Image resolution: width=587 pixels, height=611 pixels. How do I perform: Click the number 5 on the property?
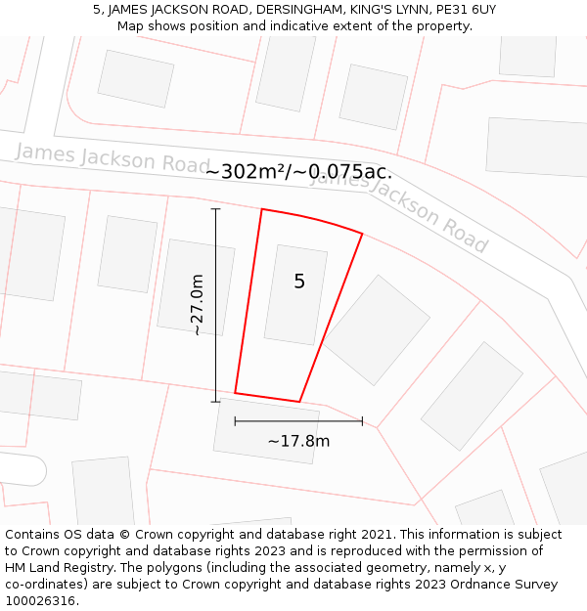tap(299, 282)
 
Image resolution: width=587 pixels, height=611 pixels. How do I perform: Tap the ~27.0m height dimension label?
tap(197, 305)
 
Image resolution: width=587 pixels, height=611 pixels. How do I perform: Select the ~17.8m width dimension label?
tap(298, 441)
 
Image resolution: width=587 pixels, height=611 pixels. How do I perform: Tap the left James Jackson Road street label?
tap(113, 157)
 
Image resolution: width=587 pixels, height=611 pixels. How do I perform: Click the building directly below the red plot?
tap(266, 430)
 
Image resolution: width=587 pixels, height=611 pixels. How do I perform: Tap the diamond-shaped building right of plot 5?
tap(377, 316)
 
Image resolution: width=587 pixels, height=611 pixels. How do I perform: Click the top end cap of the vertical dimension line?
tap(216, 209)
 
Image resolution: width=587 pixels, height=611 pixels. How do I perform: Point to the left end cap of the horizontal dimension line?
tap(235, 421)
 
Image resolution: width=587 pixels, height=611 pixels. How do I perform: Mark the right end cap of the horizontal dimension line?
tap(362, 421)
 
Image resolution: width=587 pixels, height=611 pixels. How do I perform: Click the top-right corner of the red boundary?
tap(362, 234)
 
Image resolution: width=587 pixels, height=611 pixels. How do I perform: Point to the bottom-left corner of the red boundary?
tap(235, 393)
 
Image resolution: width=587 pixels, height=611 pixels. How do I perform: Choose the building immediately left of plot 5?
tap(196, 286)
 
